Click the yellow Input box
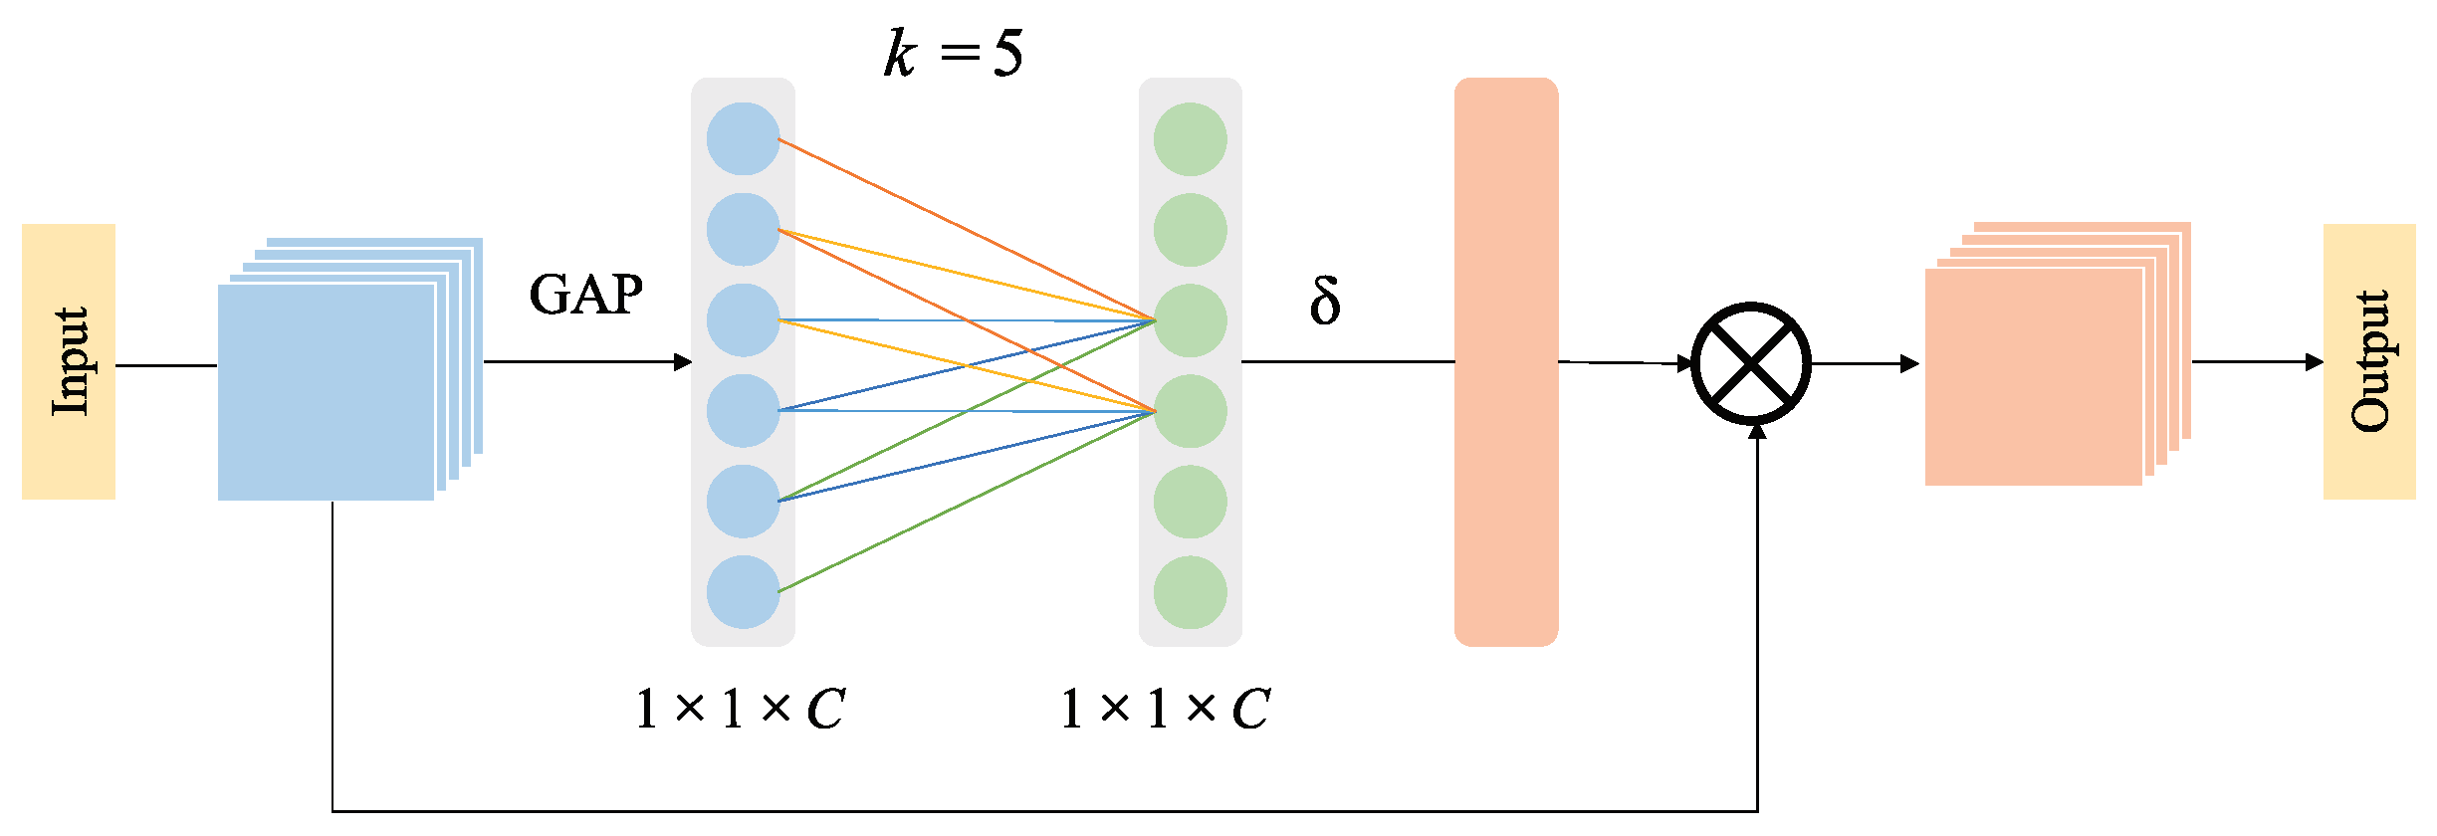tap(68, 361)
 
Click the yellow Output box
tap(2369, 361)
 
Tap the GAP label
tap(585, 295)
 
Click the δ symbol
tap(1325, 301)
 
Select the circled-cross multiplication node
tap(1751, 363)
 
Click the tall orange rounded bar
tap(1505, 361)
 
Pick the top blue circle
tap(743, 139)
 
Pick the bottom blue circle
tap(743, 592)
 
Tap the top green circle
tap(1190, 139)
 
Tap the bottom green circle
tap(1190, 592)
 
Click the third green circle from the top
tap(1190, 320)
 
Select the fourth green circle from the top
tap(1190, 411)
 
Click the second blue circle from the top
tap(743, 230)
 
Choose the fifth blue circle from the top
tap(743, 502)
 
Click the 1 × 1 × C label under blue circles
tap(740, 710)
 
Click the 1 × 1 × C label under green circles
tap(1165, 710)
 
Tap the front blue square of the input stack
tap(326, 392)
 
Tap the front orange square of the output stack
tap(2033, 376)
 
